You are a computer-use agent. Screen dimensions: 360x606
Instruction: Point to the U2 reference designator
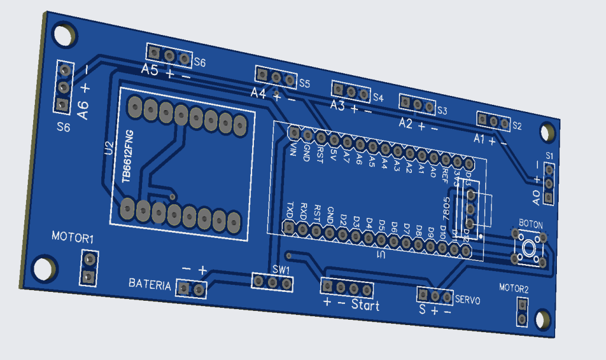pyautogui.click(x=108, y=148)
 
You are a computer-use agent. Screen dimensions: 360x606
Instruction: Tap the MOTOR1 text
pyautogui.click(x=73, y=239)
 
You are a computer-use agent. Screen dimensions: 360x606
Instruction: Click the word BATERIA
pyautogui.click(x=150, y=285)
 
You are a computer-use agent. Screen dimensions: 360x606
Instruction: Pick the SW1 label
pyautogui.click(x=281, y=269)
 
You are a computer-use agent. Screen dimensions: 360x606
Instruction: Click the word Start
pyautogui.click(x=365, y=306)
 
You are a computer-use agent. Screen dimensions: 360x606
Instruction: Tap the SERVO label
pyautogui.click(x=468, y=300)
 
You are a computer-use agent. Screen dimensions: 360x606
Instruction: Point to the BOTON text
pyautogui.click(x=530, y=223)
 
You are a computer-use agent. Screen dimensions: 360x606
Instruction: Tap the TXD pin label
pyautogui.click(x=290, y=209)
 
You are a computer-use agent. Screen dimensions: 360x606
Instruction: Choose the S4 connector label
pyautogui.click(x=378, y=98)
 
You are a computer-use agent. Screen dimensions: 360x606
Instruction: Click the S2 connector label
pyautogui.click(x=517, y=126)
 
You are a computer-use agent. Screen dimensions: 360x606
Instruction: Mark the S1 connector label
pyautogui.click(x=549, y=155)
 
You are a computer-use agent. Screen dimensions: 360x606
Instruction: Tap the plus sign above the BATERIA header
pyautogui.click(x=202, y=270)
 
